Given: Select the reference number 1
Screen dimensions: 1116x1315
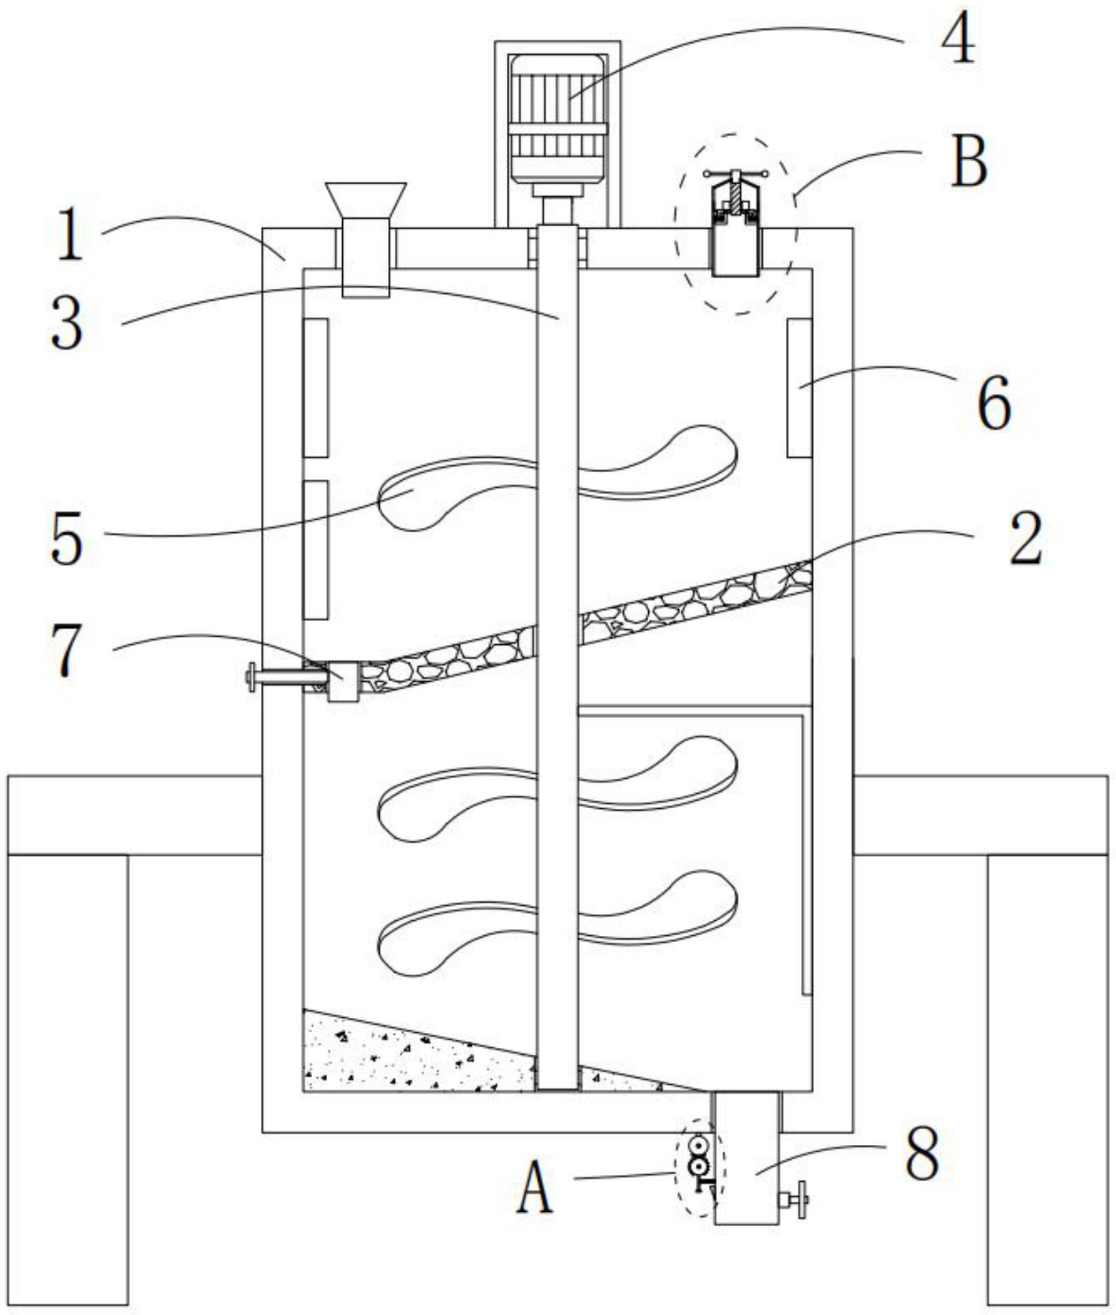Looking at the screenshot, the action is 70,236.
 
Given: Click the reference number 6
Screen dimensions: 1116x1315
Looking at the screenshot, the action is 994,404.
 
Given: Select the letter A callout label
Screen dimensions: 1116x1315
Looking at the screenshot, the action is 535,1188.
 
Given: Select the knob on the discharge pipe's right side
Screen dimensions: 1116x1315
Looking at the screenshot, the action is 800,1199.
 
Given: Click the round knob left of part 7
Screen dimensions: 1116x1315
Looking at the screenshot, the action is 251,678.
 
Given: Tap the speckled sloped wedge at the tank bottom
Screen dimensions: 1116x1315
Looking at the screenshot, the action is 410,1055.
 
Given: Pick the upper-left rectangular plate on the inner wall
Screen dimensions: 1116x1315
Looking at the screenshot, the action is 316,387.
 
